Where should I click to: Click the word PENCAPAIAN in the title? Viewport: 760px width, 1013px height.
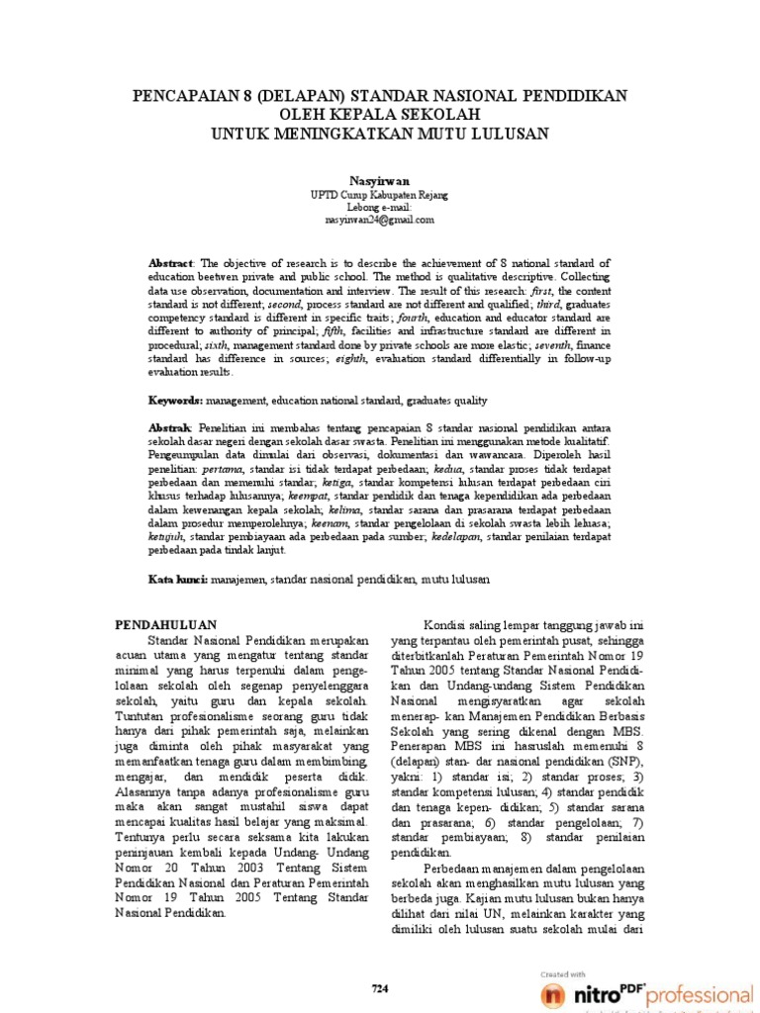(181, 95)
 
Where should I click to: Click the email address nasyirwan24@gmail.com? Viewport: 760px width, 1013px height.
(380, 220)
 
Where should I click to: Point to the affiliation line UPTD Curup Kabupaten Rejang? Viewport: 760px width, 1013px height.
(380, 195)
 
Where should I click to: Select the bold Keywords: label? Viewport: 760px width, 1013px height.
(177, 401)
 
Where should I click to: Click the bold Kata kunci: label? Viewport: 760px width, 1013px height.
(178, 579)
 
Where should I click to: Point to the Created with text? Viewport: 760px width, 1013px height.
(565, 973)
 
